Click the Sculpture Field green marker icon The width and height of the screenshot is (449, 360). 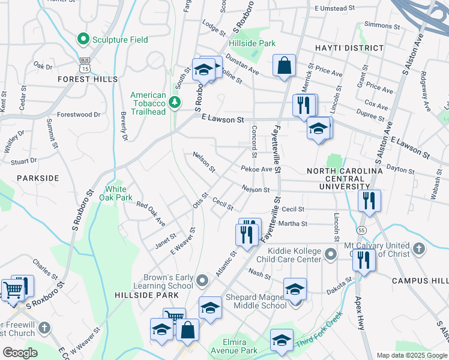[x=84, y=40]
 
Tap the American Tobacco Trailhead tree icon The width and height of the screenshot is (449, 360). [x=175, y=103]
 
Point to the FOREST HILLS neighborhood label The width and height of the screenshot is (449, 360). [x=88, y=79]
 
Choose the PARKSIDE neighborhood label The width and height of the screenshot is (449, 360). [x=38, y=178]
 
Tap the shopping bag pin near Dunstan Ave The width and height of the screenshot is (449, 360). [x=284, y=66]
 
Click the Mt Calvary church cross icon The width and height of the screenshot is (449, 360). [x=419, y=248]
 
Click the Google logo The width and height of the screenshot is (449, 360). [x=20, y=353]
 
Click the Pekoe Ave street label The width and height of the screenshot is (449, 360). [x=257, y=169]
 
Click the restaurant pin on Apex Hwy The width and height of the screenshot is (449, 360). [x=363, y=260]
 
